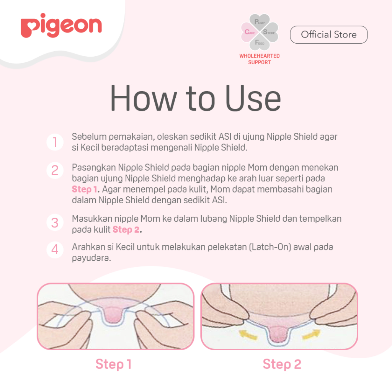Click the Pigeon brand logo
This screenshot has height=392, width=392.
click(x=61, y=26)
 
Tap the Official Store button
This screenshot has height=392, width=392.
click(x=329, y=34)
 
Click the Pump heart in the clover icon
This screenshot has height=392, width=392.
click(x=260, y=22)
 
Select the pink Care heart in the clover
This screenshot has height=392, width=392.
click(x=249, y=32)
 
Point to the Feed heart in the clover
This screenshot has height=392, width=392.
click(x=260, y=42)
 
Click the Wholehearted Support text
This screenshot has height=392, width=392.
click(x=260, y=59)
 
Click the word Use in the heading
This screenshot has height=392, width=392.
click(x=253, y=98)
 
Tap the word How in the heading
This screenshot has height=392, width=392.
click(x=144, y=98)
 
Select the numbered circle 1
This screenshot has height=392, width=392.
click(x=55, y=142)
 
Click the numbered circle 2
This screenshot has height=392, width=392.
click(x=55, y=170)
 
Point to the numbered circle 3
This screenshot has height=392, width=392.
click(x=55, y=222)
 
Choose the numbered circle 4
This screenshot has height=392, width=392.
click(x=55, y=249)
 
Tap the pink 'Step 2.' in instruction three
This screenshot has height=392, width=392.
click(x=127, y=230)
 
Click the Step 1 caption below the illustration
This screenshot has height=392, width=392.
click(x=113, y=364)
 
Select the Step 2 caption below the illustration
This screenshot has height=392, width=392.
click(x=282, y=364)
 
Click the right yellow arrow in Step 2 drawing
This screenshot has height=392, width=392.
click(x=311, y=335)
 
